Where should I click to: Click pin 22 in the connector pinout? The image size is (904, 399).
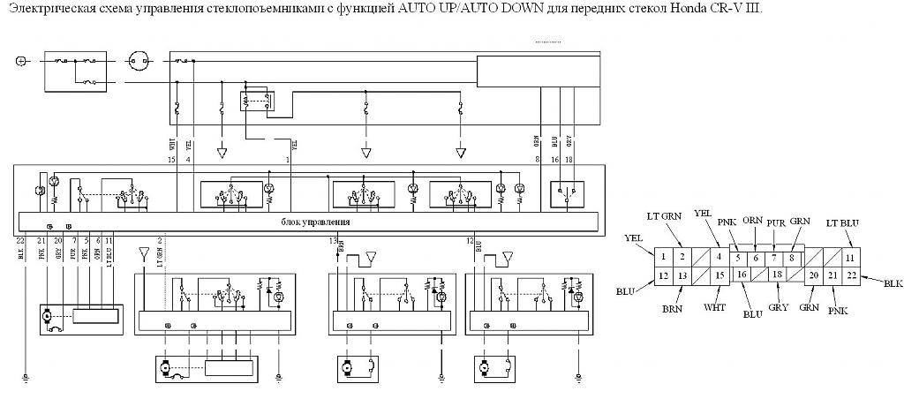(850, 275)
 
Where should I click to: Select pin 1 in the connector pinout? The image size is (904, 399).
(663, 257)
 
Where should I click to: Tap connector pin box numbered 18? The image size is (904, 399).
(776, 275)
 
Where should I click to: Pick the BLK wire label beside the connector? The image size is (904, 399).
(891, 283)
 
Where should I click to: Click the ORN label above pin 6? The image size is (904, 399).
(752, 221)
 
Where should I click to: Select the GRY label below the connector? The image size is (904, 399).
(777, 307)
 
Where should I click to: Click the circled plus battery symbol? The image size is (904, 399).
(21, 61)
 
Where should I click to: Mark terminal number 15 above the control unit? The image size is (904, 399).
(170, 160)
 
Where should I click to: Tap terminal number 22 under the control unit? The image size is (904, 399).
(19, 240)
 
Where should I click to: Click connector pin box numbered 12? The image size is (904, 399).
(663, 275)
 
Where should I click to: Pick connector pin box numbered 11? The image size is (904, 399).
(850, 257)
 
